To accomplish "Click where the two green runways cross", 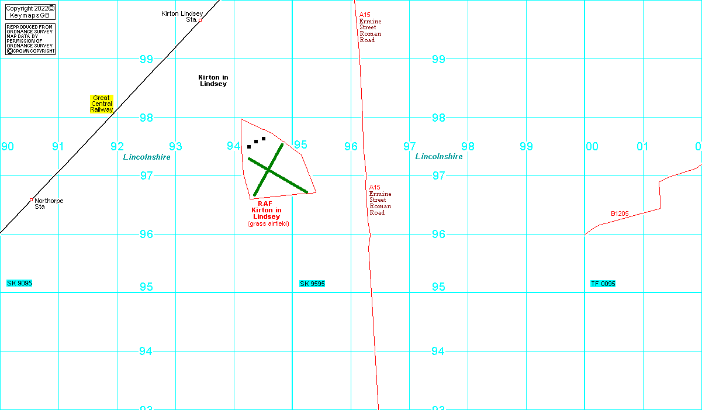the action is [268, 170].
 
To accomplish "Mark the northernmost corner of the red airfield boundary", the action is [241, 119].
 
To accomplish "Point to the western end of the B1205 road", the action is [585, 235].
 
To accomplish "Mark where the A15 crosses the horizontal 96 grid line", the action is [370, 234].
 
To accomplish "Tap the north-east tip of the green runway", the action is [282, 144].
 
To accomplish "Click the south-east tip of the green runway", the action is [307, 192].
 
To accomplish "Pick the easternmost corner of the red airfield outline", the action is [316, 192].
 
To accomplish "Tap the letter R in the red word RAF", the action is [260, 204].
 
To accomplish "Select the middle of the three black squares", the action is [256, 142].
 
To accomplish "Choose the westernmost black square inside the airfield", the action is [249, 147].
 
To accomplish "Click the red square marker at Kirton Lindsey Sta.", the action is [200, 20].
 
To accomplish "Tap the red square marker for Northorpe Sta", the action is [32, 200].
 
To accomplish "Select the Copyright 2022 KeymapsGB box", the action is [30, 12].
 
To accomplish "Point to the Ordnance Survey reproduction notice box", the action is [30, 39].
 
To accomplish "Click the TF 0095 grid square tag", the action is [603, 284].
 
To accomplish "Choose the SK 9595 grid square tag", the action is [312, 284].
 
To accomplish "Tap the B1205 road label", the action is [620, 213].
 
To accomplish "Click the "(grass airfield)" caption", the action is [268, 223].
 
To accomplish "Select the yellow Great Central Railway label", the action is [102, 104].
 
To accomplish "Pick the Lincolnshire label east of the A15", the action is [439, 157].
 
